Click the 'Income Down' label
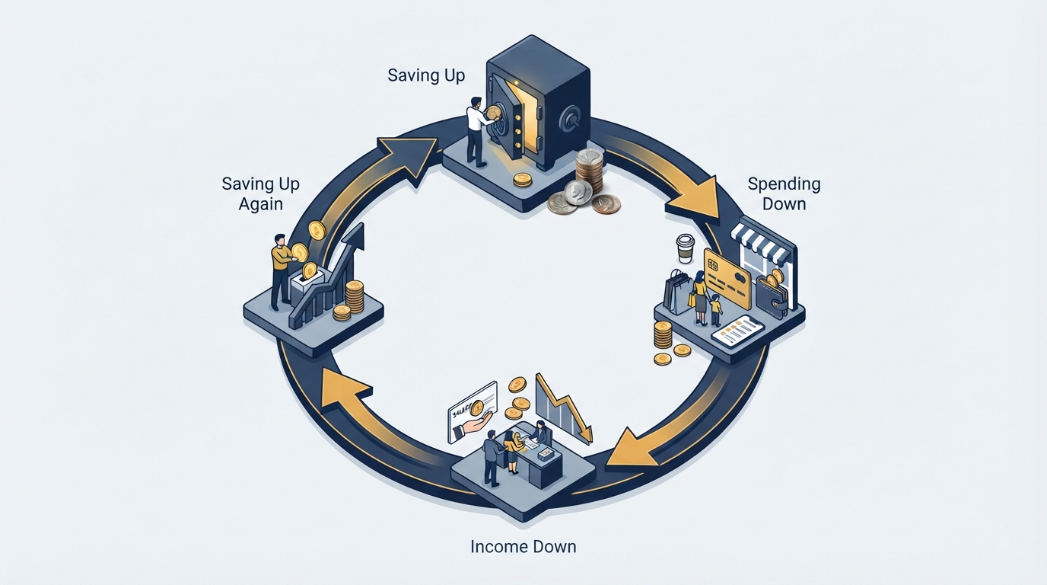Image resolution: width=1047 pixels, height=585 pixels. (x=523, y=546)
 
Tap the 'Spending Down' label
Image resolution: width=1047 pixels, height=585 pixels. (x=784, y=193)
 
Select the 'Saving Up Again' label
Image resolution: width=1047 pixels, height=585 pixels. (x=260, y=193)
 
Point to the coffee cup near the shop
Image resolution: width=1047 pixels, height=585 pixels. (x=686, y=248)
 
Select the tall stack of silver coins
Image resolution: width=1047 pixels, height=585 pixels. (x=589, y=171)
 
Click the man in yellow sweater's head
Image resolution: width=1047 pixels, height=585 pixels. (x=279, y=240)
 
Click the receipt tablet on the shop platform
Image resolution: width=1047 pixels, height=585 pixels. (x=737, y=331)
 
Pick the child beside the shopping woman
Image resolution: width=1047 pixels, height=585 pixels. (x=715, y=309)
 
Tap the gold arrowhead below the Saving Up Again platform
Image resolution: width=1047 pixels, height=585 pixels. (x=344, y=389)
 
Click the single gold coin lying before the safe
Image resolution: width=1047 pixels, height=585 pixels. (x=522, y=180)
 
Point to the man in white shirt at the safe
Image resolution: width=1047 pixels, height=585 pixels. (x=477, y=132)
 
